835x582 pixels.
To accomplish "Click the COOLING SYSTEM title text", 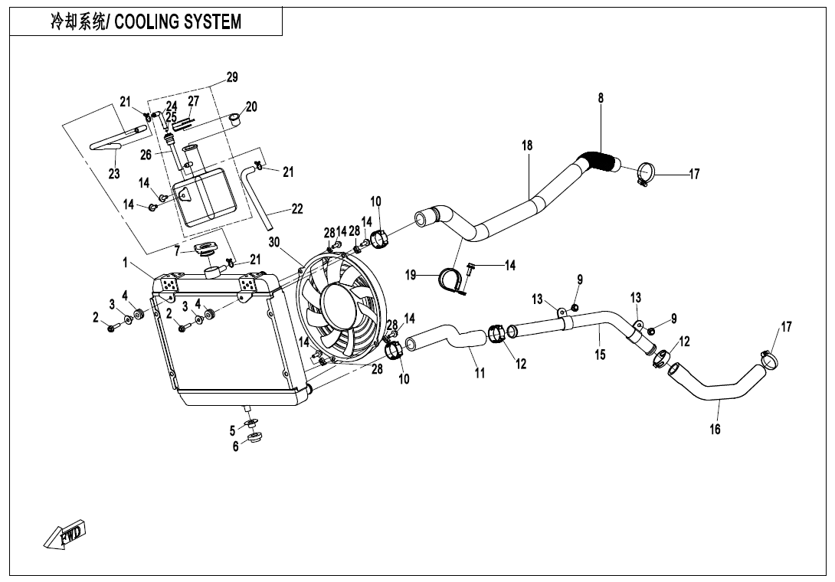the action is [178, 22].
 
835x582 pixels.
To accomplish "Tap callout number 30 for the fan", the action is [274, 242].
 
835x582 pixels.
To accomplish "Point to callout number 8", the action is [601, 98].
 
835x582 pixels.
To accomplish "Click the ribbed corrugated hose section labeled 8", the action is [599, 160].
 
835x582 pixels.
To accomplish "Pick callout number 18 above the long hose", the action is [527, 145].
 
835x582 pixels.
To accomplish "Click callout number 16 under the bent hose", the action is [715, 429].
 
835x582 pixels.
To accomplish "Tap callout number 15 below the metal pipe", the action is [600, 355].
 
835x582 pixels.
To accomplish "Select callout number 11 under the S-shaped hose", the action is [480, 373].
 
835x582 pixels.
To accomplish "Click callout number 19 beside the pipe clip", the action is [411, 275].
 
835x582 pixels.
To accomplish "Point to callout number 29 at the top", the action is [232, 77].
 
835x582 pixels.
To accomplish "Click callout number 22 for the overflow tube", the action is [296, 209].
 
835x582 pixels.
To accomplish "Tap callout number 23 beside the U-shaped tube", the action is [114, 174].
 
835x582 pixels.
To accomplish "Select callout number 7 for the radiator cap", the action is [177, 249].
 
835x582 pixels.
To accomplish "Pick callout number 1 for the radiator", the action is [126, 262].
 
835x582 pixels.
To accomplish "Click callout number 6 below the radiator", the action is [235, 446].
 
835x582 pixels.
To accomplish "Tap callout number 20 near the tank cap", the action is [251, 106].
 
